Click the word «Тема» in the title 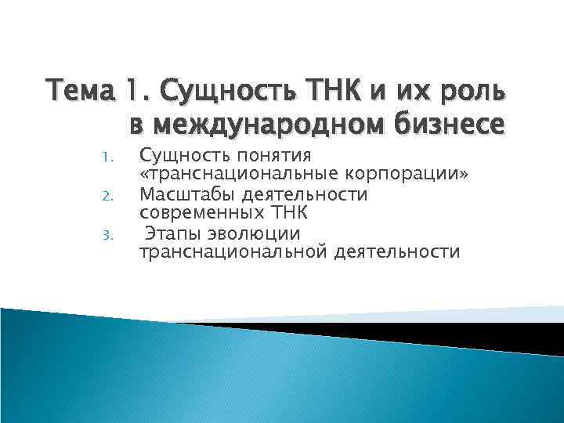pos(78,92)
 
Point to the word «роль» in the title pos(474,92)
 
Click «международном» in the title pos(275,125)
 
